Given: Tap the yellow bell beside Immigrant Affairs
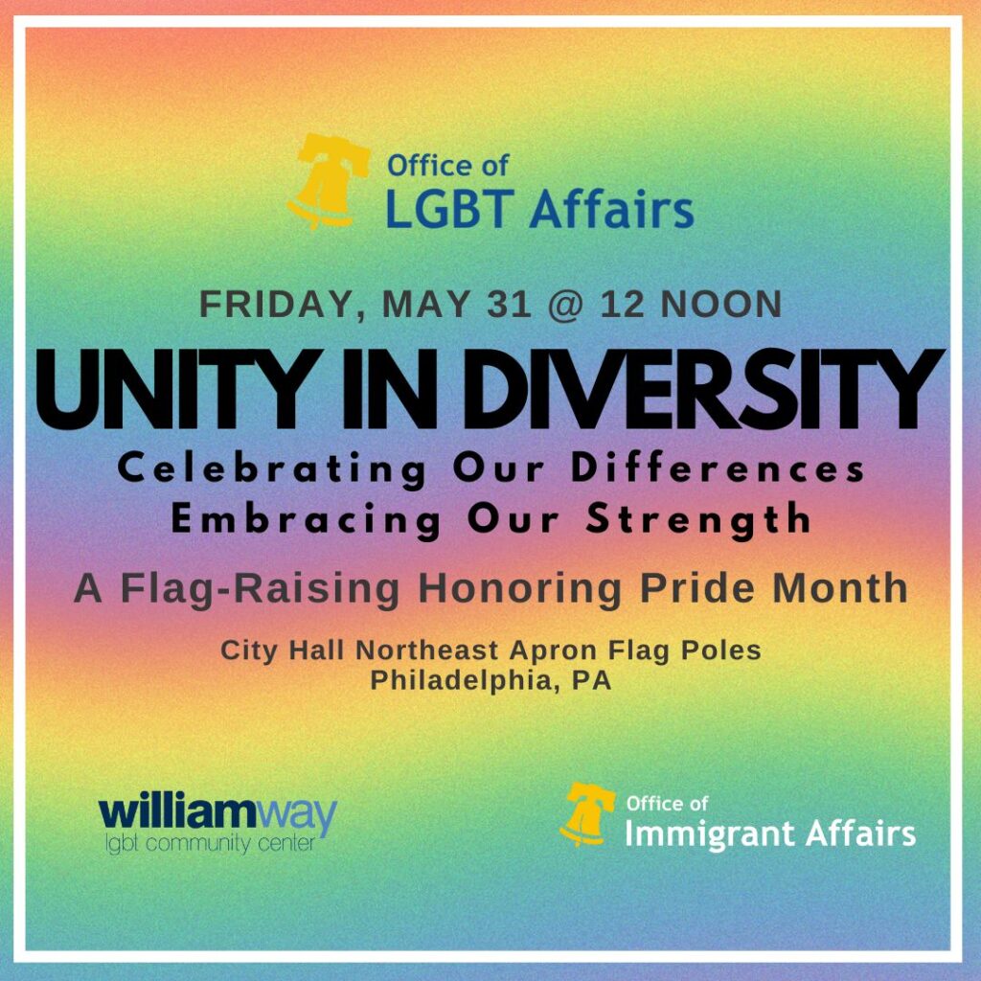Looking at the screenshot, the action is coord(586,814).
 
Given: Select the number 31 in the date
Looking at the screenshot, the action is coord(509,304).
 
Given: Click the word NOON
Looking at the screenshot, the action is coord(720,304).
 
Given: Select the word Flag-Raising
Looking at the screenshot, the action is coord(260,589).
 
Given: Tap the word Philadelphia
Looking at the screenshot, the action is coord(464,681).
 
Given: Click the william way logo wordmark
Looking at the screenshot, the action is coord(217,812).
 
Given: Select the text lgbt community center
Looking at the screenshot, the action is coord(210,844).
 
